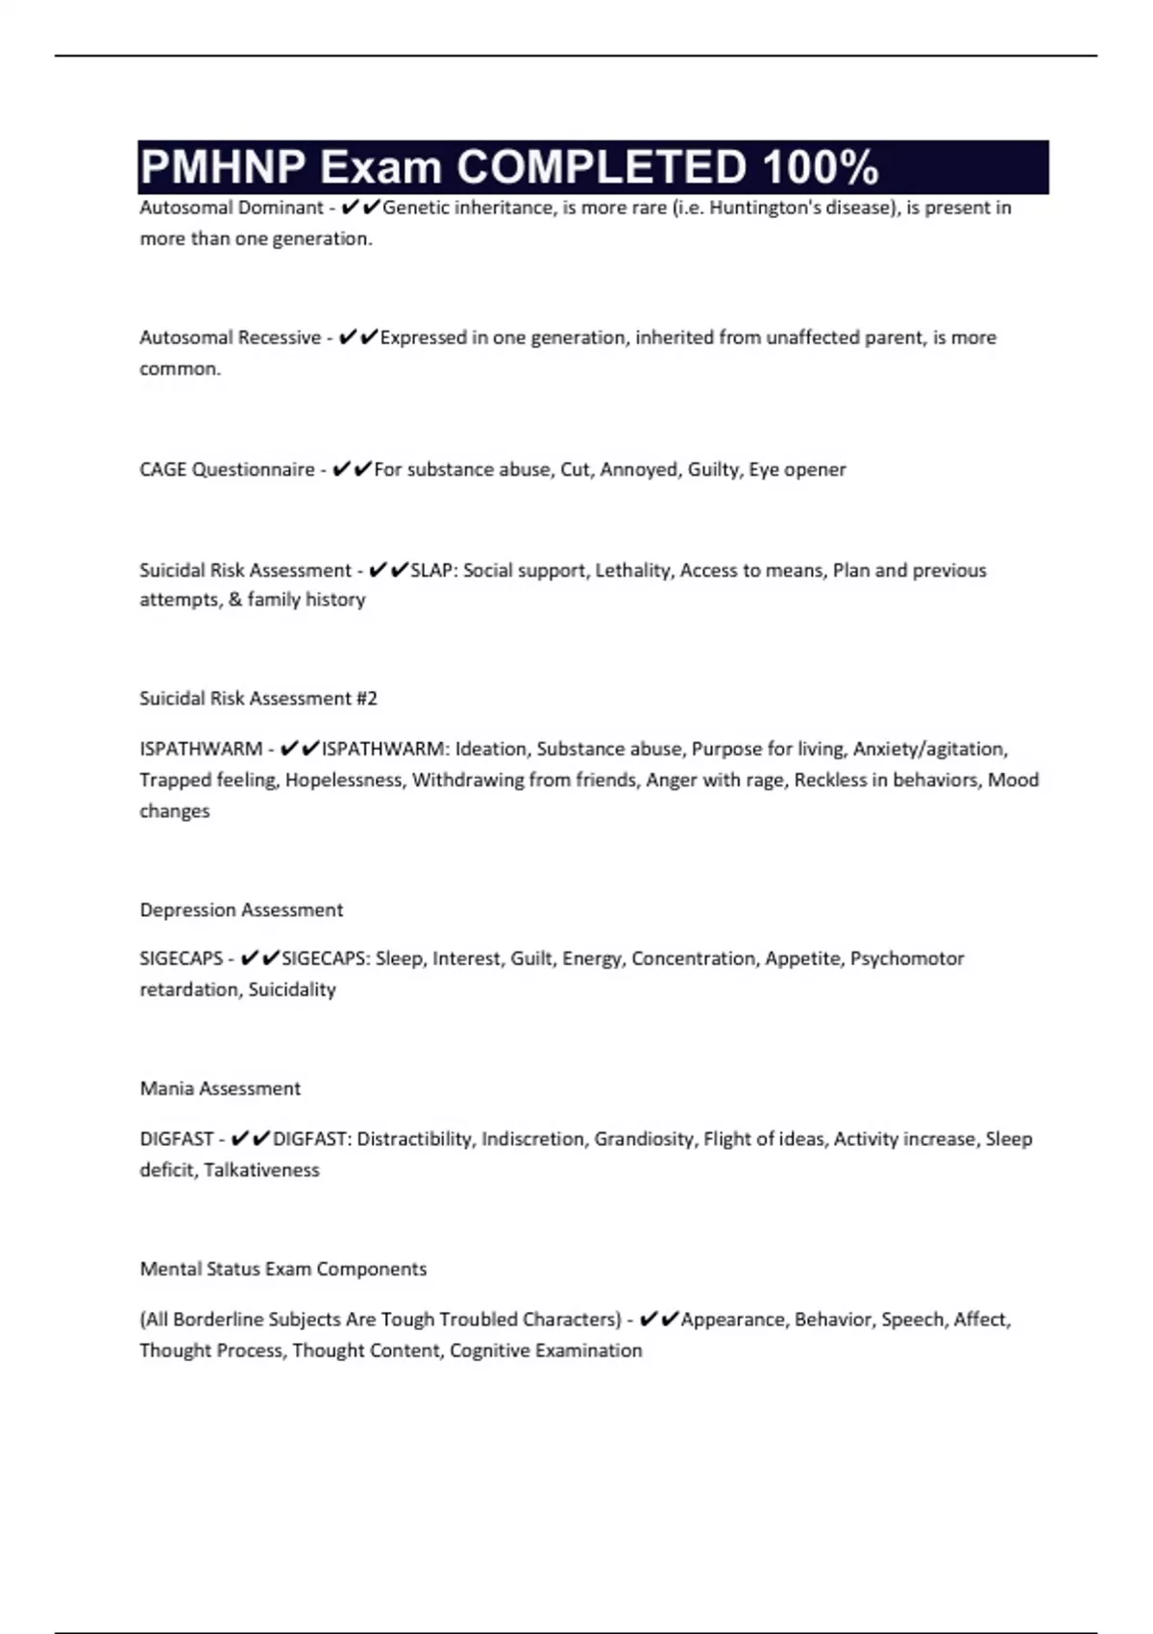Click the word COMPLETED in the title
coord(601,167)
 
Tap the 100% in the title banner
coord(821,167)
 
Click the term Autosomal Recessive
coord(230,337)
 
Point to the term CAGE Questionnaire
coord(227,469)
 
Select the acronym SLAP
coord(432,570)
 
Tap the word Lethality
coord(632,570)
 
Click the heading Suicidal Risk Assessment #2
coord(258,698)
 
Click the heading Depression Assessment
coord(241,909)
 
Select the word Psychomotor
coord(906,958)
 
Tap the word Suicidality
coord(292,989)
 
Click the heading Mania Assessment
coord(220,1088)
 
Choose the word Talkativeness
coord(261,1170)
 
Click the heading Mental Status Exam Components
coord(282,1269)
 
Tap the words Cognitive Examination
coord(545,1350)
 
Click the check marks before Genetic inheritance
coord(360,208)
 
